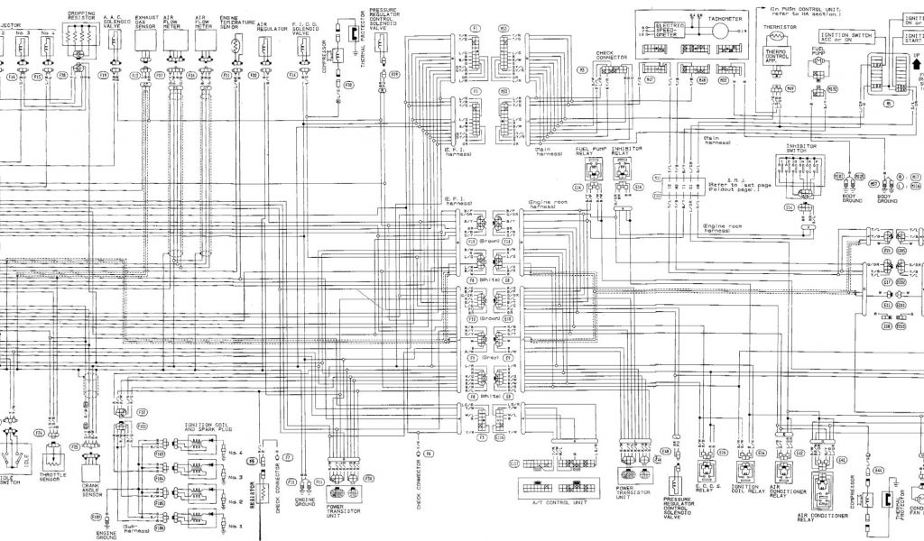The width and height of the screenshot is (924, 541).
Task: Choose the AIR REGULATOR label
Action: click(x=265, y=28)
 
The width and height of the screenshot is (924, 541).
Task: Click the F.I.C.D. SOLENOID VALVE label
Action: click(x=302, y=23)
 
